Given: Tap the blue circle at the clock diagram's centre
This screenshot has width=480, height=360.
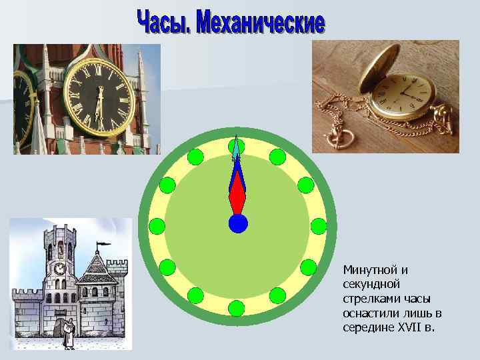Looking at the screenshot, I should [x=238, y=223].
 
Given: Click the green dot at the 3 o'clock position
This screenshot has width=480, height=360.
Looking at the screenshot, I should [x=319, y=226].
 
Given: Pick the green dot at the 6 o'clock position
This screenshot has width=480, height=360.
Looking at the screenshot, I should [x=237, y=308].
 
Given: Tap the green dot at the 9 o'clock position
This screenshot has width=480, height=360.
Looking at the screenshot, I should [x=157, y=226].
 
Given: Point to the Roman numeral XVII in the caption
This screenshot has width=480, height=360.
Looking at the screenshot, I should [x=404, y=327].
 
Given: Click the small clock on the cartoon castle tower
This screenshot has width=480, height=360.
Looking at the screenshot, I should [x=59, y=268].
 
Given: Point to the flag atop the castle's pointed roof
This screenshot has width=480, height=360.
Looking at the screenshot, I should [x=103, y=245].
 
